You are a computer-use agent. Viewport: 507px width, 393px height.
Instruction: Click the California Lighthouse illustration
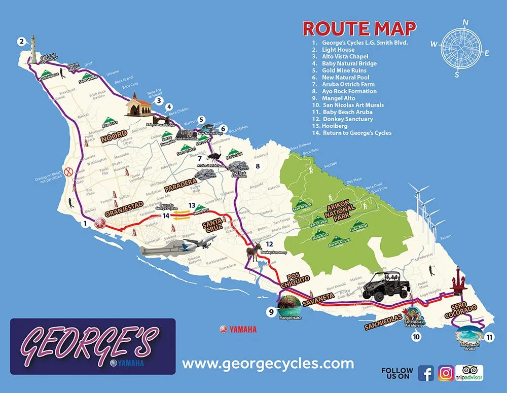tap(34, 50)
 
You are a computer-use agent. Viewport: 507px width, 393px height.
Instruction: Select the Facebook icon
tap(426, 373)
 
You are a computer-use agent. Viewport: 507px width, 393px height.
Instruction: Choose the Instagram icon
tap(446, 373)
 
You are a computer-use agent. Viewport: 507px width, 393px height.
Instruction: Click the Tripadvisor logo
tap(469, 373)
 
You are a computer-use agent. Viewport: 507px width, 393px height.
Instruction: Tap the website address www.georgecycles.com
tap(268, 364)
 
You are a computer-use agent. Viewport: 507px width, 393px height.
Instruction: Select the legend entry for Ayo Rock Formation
tap(349, 91)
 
